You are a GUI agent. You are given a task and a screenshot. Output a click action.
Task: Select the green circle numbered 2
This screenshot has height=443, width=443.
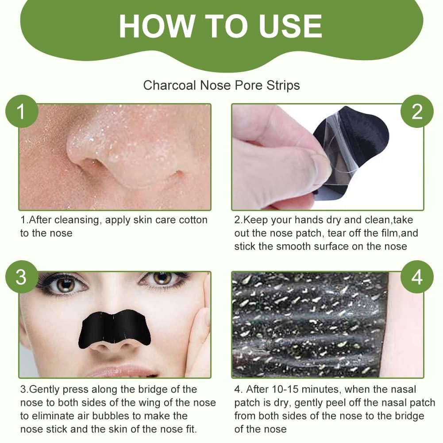pos(416,112)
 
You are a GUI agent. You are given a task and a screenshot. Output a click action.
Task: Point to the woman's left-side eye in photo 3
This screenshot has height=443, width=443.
pos(65,284)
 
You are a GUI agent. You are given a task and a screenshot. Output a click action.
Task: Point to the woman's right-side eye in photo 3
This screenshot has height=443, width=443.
pos(162,279)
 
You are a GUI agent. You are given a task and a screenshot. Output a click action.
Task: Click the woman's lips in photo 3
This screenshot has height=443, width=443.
pos(119,371)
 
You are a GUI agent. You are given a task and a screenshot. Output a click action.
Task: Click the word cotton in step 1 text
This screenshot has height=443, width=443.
pos(193,220)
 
